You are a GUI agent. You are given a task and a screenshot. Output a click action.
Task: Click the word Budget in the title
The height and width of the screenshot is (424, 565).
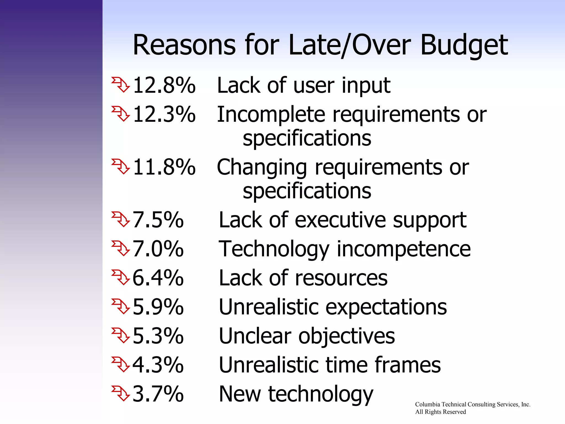[x=464, y=45]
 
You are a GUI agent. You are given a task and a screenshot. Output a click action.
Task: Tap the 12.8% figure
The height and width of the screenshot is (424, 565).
[x=164, y=85]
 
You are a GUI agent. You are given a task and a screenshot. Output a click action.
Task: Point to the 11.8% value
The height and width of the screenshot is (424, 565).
[x=164, y=167]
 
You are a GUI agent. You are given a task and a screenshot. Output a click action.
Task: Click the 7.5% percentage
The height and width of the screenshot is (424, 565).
[x=158, y=220]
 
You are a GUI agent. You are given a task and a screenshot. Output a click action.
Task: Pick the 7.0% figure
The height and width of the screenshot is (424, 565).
[x=158, y=249]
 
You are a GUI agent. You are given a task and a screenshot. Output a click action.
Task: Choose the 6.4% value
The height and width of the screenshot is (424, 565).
[x=158, y=278]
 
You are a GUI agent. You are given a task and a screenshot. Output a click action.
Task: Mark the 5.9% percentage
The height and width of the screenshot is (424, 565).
[x=158, y=307]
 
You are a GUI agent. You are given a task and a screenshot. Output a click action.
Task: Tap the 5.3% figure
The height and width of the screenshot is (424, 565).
[x=158, y=336]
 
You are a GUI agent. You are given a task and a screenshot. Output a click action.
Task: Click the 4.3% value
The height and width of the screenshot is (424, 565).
[x=158, y=365]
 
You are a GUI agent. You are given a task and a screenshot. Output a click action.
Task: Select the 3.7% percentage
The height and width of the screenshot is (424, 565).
[x=158, y=394]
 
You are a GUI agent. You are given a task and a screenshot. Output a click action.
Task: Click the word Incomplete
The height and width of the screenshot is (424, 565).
[x=271, y=115]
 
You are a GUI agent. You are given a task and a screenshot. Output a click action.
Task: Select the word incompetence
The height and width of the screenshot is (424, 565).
[x=404, y=249]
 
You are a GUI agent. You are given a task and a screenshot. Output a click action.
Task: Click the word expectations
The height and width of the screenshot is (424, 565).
[x=386, y=308]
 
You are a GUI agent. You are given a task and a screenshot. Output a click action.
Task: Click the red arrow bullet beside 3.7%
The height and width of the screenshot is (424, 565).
[x=121, y=393]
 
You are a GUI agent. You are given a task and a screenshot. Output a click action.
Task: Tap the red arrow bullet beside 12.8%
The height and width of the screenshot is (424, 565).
[x=121, y=85]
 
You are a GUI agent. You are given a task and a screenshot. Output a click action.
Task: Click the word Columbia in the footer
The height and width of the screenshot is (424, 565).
[x=428, y=404]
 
